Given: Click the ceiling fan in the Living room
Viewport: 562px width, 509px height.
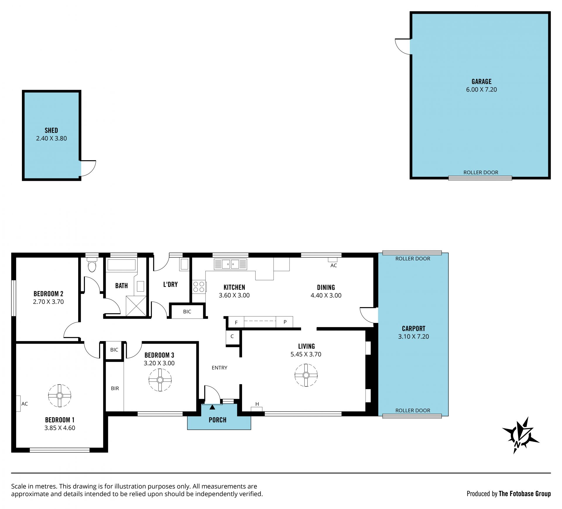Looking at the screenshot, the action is [306, 375].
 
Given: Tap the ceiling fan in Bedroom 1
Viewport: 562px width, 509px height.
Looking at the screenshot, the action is [60, 396].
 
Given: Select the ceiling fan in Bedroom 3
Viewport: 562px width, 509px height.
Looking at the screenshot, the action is [160, 380].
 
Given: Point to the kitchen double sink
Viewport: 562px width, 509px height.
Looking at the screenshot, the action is [230, 264].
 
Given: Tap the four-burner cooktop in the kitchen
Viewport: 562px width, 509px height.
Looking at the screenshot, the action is [199, 287].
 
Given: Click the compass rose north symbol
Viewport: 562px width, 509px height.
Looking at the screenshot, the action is [520, 435].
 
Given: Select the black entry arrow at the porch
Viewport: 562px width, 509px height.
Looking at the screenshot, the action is [212, 407].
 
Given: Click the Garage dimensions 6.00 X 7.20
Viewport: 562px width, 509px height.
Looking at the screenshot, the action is [482, 90].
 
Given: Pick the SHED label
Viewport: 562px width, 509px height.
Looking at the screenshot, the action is [51, 130].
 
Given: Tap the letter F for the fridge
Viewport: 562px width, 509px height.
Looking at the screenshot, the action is [236, 323].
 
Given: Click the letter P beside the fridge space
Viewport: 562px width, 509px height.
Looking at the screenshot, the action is [285, 322].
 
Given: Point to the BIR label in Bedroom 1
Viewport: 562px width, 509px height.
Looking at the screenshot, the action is [115, 388].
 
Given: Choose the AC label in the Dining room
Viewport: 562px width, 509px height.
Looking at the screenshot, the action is [334, 266].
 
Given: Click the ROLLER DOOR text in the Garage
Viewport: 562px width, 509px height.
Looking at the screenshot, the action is [481, 173].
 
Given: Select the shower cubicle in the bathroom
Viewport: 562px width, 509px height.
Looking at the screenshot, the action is [136, 306].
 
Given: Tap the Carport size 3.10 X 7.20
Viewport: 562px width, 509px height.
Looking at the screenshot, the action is [413, 337].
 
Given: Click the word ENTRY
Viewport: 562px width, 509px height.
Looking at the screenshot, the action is [220, 368].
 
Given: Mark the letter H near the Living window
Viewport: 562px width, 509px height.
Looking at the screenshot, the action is [257, 404].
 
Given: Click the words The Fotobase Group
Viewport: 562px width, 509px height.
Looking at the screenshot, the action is [525, 494].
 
